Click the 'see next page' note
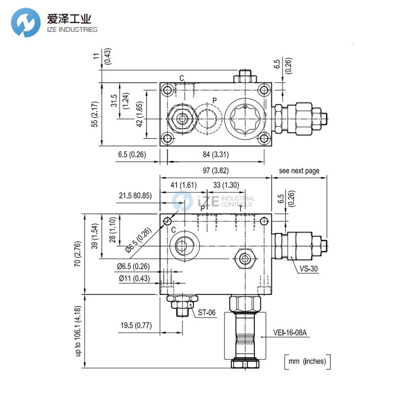click(299, 170)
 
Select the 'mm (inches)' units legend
click(307, 362)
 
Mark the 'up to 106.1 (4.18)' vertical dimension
click(78, 331)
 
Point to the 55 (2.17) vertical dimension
click(95, 116)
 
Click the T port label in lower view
click(241, 208)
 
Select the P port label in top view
click(214, 100)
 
